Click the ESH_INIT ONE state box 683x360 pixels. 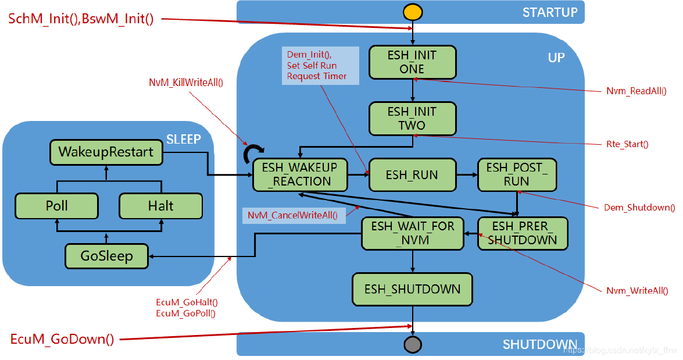coord(413,62)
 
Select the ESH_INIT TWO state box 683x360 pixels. coord(412,118)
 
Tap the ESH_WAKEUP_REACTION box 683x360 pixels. coord(300,174)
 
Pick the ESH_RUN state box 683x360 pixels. coord(412,174)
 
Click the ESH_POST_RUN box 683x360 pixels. coord(516,174)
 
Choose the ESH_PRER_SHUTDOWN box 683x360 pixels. coord(522,233)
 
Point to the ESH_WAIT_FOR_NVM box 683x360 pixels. coord(412,233)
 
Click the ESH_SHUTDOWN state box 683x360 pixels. coord(412,289)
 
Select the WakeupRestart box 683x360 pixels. coord(106,152)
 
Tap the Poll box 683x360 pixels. coord(56,206)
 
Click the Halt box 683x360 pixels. coord(160,206)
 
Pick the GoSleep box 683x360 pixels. coord(106,256)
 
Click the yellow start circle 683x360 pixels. coord(412,12)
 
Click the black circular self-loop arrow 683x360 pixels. coord(254,154)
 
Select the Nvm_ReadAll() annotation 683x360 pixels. coord(636,91)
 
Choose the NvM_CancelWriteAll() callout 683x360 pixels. coord(292,215)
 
